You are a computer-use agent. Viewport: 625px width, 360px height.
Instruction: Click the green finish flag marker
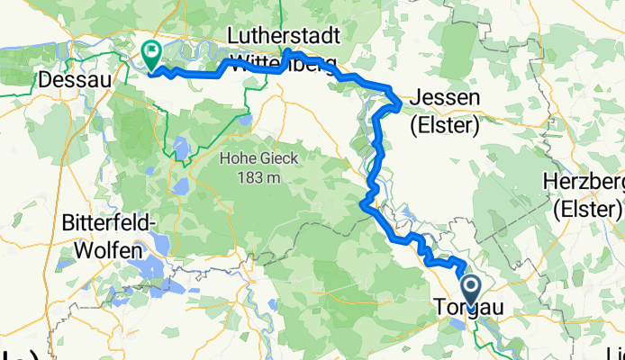(149, 56)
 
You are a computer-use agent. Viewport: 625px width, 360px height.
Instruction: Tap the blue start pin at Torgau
(471, 289)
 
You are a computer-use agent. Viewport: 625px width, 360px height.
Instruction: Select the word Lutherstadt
(284, 36)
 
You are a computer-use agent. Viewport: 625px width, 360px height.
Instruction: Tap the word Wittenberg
(284, 64)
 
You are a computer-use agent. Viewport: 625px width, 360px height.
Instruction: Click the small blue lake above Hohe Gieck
(180, 145)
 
